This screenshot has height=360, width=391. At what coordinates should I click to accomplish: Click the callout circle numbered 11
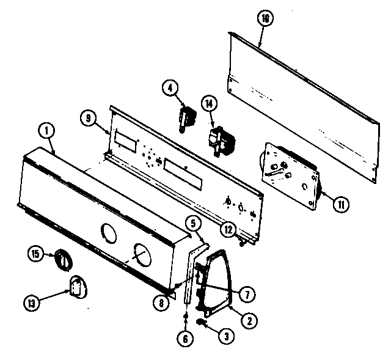[340, 205]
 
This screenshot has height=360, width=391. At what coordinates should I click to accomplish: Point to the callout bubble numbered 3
[227, 334]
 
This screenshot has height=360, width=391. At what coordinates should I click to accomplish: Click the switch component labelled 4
[186, 119]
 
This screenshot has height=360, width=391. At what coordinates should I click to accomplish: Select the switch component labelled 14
[218, 138]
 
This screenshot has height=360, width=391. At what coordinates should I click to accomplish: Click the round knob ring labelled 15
[63, 259]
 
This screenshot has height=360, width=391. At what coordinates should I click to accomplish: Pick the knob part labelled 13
[76, 286]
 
